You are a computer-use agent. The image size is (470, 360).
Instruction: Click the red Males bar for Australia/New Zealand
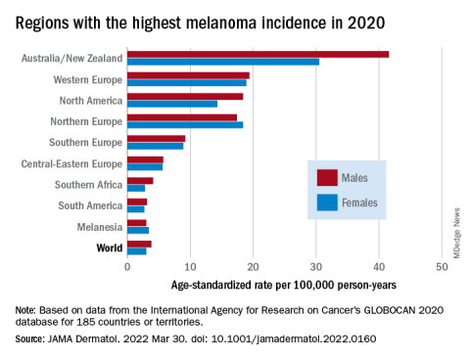click(x=258, y=55)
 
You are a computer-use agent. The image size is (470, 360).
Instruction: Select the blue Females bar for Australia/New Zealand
click(x=223, y=62)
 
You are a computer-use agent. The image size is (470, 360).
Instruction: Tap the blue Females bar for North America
click(x=172, y=104)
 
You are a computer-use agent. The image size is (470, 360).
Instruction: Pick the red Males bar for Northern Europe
click(x=182, y=117)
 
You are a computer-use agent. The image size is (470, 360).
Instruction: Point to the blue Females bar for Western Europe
click(x=187, y=83)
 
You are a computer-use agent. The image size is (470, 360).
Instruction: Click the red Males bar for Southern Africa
click(x=140, y=181)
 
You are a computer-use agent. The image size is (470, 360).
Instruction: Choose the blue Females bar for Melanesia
click(x=138, y=230)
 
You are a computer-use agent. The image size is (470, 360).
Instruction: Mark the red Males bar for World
click(x=139, y=245)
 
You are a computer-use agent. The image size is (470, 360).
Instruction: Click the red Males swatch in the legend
click(x=327, y=178)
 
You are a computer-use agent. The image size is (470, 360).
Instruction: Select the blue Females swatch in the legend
click(x=327, y=202)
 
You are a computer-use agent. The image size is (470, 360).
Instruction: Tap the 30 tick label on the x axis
click(x=316, y=267)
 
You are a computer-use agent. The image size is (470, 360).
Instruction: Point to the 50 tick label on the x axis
click(x=442, y=267)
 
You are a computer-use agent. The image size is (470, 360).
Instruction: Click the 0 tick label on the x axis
click(x=127, y=267)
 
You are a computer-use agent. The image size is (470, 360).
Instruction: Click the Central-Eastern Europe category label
click(x=71, y=163)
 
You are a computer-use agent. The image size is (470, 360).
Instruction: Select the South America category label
click(x=90, y=205)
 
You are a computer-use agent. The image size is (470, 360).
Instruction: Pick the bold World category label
click(x=110, y=247)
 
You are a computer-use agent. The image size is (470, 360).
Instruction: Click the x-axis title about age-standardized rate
click(x=284, y=285)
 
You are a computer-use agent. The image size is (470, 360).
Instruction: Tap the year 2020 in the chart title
click(x=366, y=23)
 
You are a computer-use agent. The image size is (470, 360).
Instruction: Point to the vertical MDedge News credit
click(x=456, y=233)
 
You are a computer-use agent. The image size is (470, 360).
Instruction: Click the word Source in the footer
click(x=28, y=338)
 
